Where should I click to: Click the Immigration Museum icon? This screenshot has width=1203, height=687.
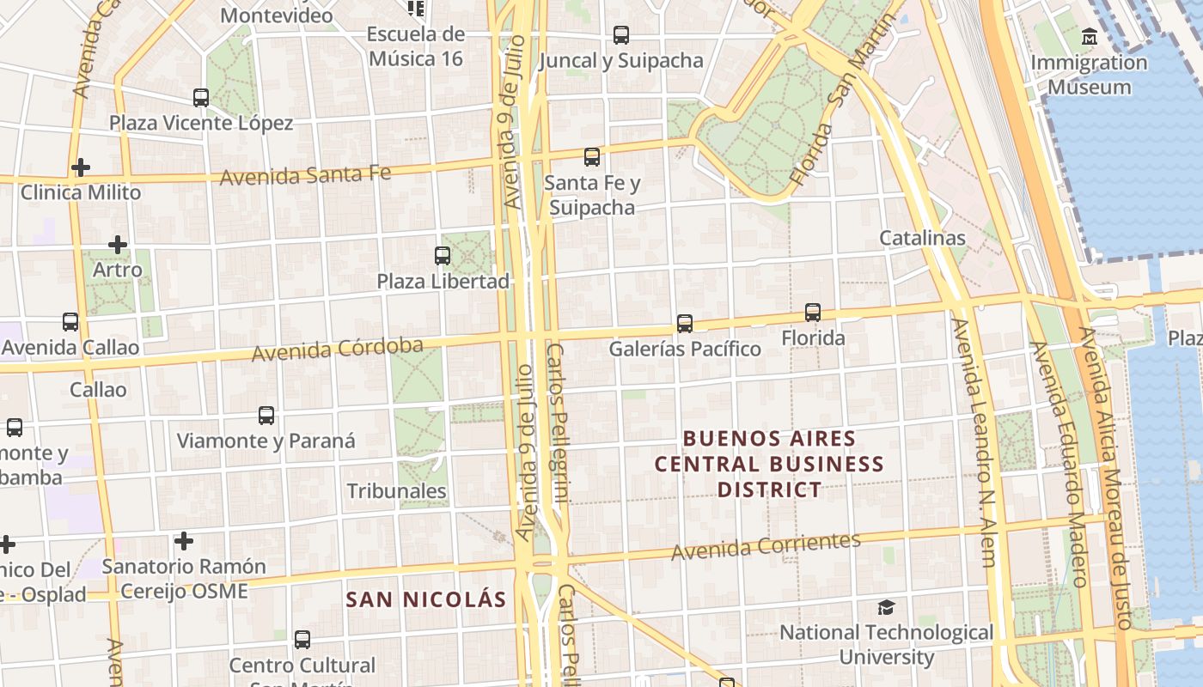(x=1090, y=37)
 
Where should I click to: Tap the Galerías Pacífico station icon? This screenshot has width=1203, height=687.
(x=685, y=324)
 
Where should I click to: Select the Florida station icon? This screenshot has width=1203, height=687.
(x=813, y=313)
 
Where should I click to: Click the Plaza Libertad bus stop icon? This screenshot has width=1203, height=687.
(x=443, y=255)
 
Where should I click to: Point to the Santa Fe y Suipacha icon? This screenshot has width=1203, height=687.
(x=592, y=157)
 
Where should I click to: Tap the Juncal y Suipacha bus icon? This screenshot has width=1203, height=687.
(x=621, y=35)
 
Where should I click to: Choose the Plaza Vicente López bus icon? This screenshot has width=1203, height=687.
(x=201, y=98)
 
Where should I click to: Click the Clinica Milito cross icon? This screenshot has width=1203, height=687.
(x=81, y=167)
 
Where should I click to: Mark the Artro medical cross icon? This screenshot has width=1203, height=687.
(x=118, y=245)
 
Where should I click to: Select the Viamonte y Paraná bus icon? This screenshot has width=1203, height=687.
(x=266, y=416)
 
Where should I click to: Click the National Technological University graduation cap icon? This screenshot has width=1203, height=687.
(x=886, y=608)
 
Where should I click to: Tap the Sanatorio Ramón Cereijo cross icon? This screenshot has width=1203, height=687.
(x=184, y=541)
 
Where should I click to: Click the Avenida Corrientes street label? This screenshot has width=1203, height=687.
(x=766, y=545)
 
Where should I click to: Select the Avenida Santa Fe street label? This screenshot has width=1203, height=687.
(x=305, y=175)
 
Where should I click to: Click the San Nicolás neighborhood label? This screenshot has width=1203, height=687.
(x=426, y=599)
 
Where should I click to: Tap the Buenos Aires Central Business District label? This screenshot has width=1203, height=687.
(x=769, y=464)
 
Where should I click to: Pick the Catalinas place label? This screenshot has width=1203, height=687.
(x=922, y=238)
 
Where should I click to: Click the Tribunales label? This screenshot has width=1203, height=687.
(x=397, y=491)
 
